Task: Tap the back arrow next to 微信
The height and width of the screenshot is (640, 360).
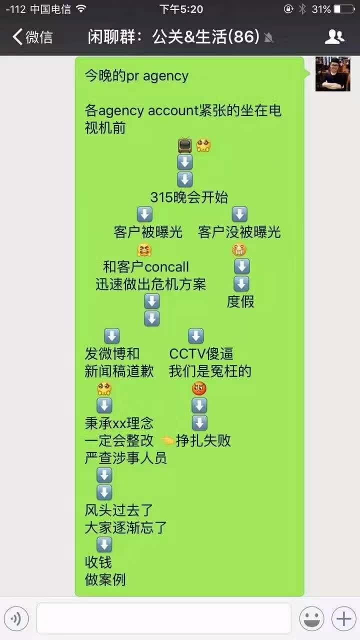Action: tap(17, 36)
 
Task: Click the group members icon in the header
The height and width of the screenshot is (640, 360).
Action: tap(334, 36)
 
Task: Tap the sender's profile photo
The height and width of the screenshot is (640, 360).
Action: tap(332, 74)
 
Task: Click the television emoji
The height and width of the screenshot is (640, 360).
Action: tap(185, 145)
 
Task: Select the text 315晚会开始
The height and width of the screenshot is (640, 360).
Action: tap(189, 197)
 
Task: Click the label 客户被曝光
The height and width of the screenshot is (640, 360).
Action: tap(148, 232)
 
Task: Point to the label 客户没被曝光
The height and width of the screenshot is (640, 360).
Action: tap(239, 232)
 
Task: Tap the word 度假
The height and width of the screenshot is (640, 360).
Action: tap(240, 301)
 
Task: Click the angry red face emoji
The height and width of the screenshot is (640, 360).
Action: tap(199, 388)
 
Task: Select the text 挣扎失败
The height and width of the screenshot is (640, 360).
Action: tap(203, 441)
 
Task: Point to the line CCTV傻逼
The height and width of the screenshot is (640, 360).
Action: tap(201, 354)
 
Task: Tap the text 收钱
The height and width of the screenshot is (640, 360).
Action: tap(98, 562)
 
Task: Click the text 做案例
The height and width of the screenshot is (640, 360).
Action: tap(105, 580)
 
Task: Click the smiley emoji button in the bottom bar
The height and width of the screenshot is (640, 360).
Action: tap(311, 619)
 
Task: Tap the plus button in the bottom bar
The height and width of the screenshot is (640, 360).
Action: tap(343, 619)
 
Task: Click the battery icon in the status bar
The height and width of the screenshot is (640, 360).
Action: tap(344, 9)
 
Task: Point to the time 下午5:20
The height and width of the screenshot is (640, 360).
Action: tap(181, 9)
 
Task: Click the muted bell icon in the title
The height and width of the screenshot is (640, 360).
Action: tap(269, 37)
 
